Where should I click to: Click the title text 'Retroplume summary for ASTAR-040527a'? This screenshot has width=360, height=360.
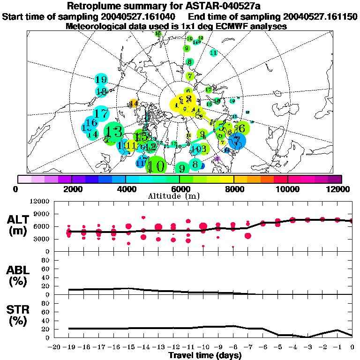[180, 7]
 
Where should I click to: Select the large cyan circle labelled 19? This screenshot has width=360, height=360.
[101, 80]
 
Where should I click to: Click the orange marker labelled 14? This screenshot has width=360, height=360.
[134, 104]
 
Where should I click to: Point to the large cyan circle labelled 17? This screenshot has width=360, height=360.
[101, 113]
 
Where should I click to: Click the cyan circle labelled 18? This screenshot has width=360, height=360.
[101, 91]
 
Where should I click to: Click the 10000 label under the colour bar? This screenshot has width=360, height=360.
[288, 189]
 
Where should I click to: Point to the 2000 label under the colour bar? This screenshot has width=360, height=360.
[71, 189]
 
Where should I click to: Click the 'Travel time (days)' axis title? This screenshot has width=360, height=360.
[205, 356]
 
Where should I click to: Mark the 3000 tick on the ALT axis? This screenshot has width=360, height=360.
[42, 239]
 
